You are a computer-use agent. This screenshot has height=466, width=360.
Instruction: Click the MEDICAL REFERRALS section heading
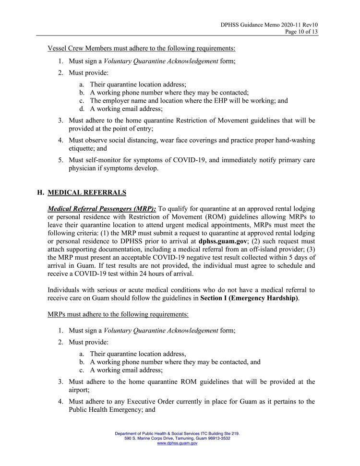[x=87, y=192]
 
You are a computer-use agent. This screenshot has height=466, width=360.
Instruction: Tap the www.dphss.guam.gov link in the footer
[x=177, y=443]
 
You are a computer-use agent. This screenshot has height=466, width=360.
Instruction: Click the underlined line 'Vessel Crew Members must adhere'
[x=142, y=48]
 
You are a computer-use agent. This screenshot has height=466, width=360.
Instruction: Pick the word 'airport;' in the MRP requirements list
[x=81, y=391]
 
